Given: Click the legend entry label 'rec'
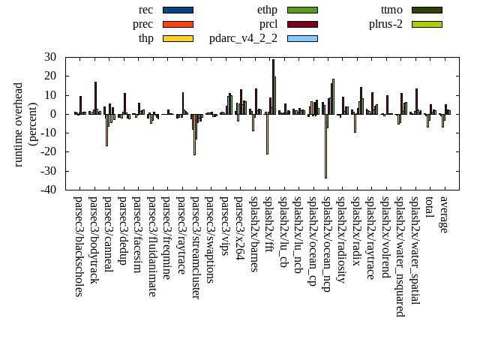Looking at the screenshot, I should point(146,10).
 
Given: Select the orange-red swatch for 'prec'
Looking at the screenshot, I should point(178,24).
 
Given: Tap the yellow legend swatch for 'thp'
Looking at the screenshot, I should point(178,38).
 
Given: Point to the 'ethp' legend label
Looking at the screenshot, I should point(267,10).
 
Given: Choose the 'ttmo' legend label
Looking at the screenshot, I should point(391,10).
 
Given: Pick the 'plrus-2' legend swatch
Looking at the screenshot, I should point(426,24).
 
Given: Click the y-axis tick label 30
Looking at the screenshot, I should point(51,57).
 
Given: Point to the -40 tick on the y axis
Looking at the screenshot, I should point(48,190).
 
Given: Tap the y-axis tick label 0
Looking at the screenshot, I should point(54,114).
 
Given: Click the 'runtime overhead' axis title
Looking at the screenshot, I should point(19,124).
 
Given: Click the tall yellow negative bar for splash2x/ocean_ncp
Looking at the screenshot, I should point(325,146).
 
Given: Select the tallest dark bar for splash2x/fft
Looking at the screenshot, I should point(273,86).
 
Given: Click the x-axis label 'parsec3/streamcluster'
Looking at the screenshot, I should point(196,247).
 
